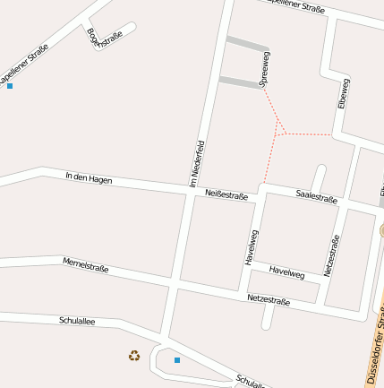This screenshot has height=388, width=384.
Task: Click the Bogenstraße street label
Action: (x=105, y=40)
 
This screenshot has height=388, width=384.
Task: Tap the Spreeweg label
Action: (x=264, y=69)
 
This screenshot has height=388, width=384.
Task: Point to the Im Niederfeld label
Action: (x=198, y=163)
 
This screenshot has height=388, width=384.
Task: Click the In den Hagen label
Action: (x=89, y=179)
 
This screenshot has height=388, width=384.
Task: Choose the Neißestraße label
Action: (x=226, y=194)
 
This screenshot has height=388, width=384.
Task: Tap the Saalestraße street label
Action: (x=316, y=196)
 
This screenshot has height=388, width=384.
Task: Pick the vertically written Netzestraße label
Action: (x=332, y=255)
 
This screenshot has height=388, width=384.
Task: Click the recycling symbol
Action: (x=134, y=356)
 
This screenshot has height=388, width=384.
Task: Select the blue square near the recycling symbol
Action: (x=177, y=360)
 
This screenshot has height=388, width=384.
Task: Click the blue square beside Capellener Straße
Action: (x=10, y=86)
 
